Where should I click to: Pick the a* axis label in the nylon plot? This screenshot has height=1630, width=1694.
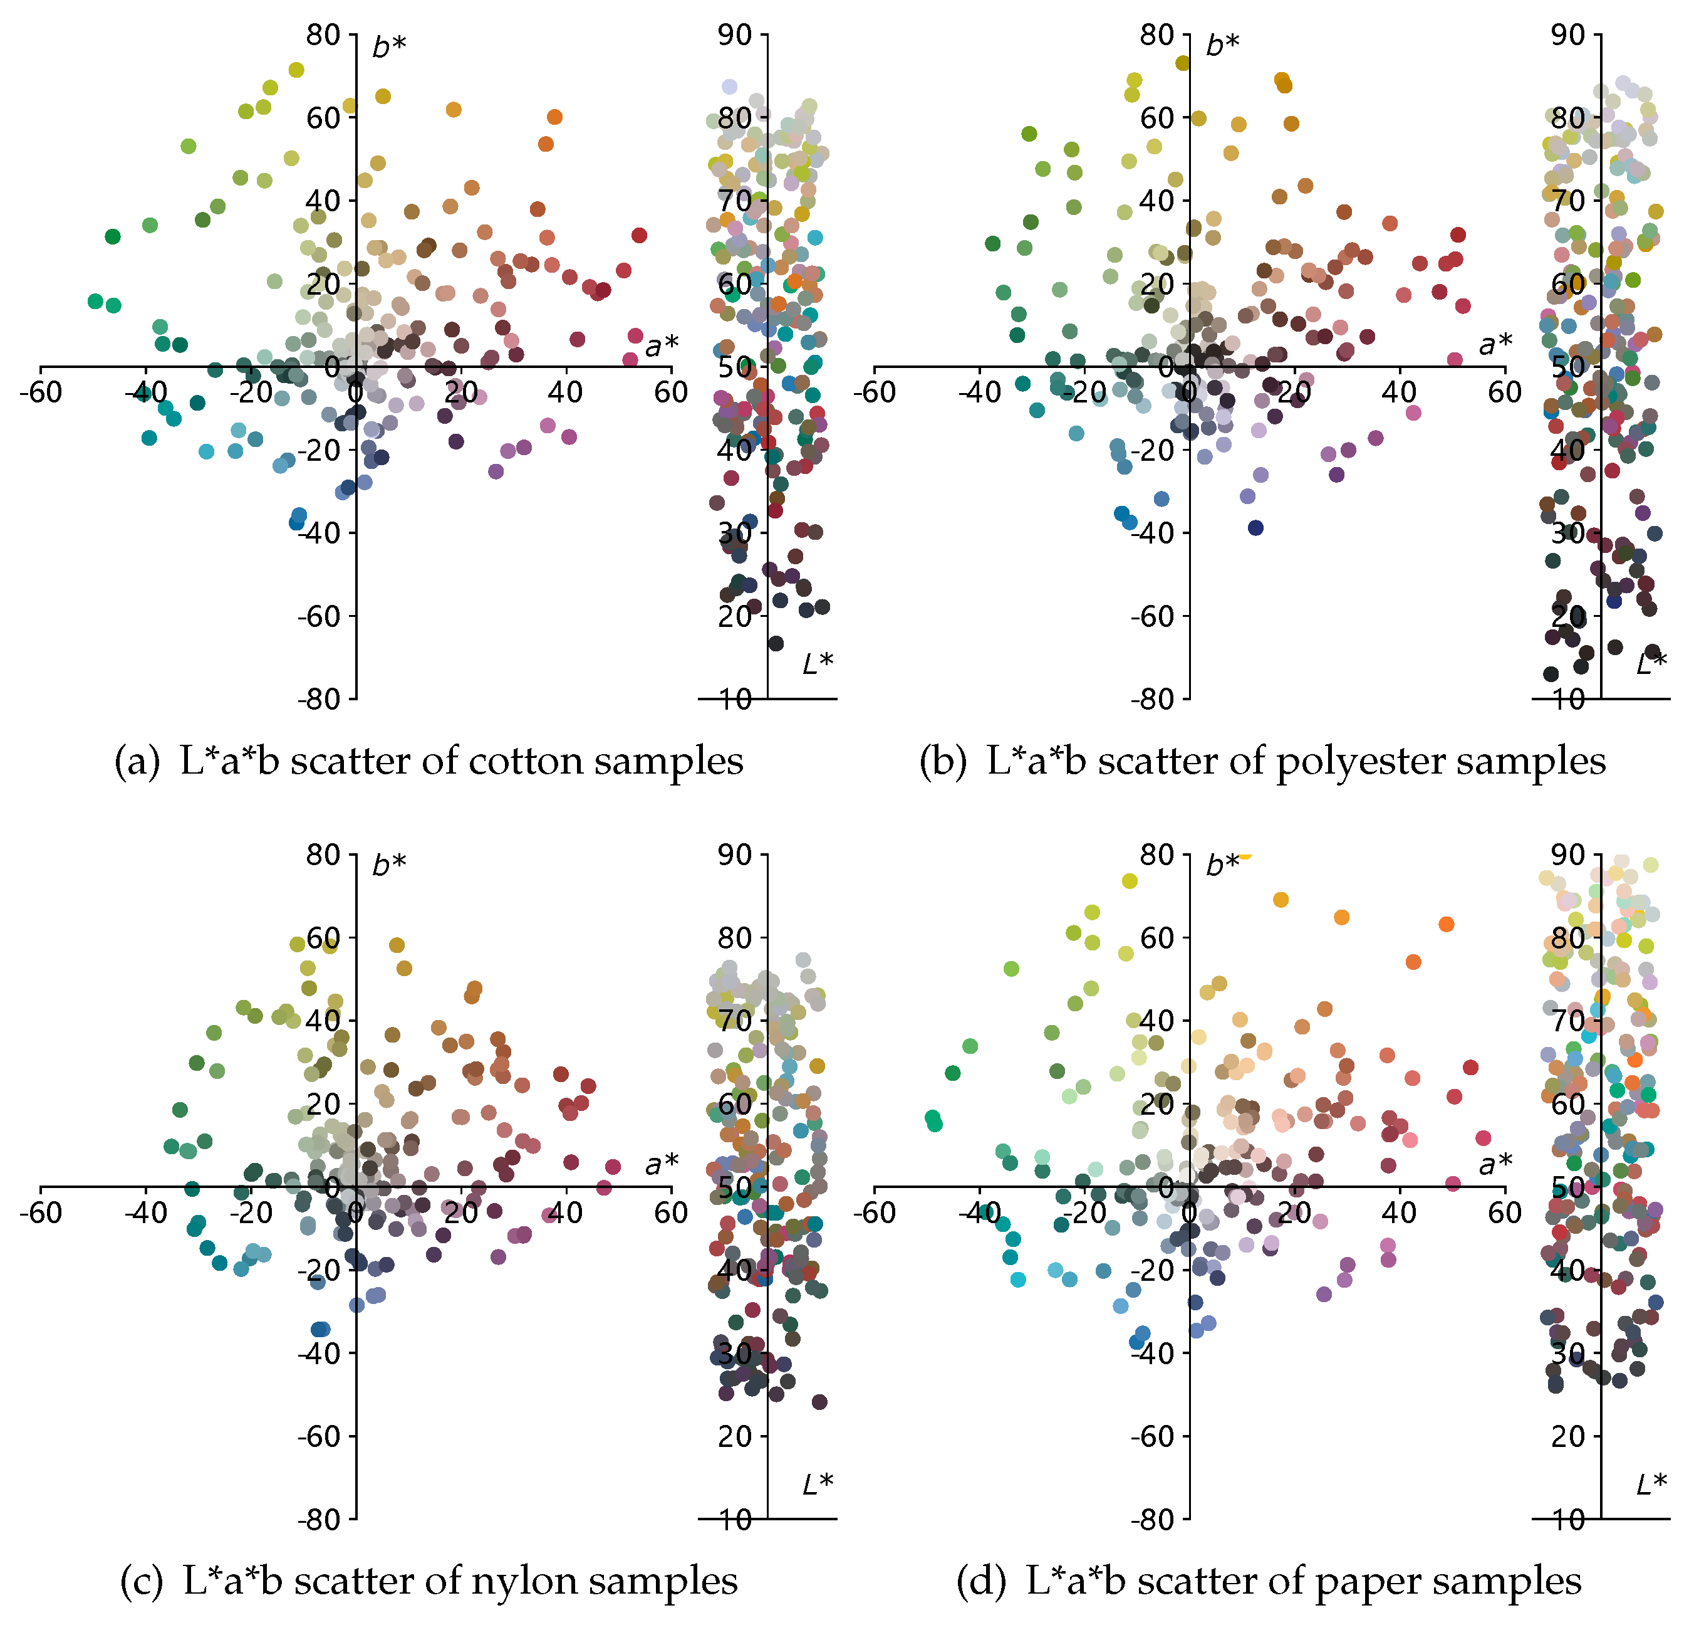tap(661, 1165)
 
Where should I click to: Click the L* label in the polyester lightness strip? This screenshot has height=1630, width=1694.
tap(1651, 664)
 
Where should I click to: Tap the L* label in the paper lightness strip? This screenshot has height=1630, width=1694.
tap(1651, 1484)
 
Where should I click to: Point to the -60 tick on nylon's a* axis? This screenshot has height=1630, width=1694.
tap(41, 1213)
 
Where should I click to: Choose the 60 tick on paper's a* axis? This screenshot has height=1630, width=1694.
tap(1504, 1213)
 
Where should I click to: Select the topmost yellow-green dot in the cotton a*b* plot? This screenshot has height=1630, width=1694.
tap(296, 70)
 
